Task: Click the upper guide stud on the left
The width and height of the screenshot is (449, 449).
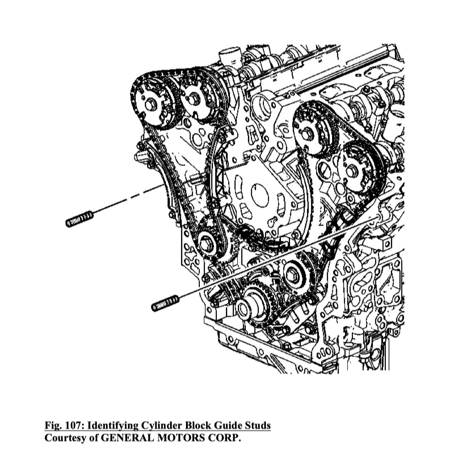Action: click(80, 219)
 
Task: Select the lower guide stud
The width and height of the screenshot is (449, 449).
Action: click(165, 303)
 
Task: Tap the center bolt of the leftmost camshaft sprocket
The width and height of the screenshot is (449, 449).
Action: click(150, 105)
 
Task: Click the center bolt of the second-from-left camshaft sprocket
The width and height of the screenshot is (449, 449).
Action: click(191, 99)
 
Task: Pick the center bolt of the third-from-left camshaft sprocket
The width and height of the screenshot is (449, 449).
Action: click(307, 133)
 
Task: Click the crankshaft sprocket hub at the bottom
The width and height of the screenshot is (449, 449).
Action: click(244, 309)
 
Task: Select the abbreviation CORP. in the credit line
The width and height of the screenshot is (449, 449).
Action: click(225, 438)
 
